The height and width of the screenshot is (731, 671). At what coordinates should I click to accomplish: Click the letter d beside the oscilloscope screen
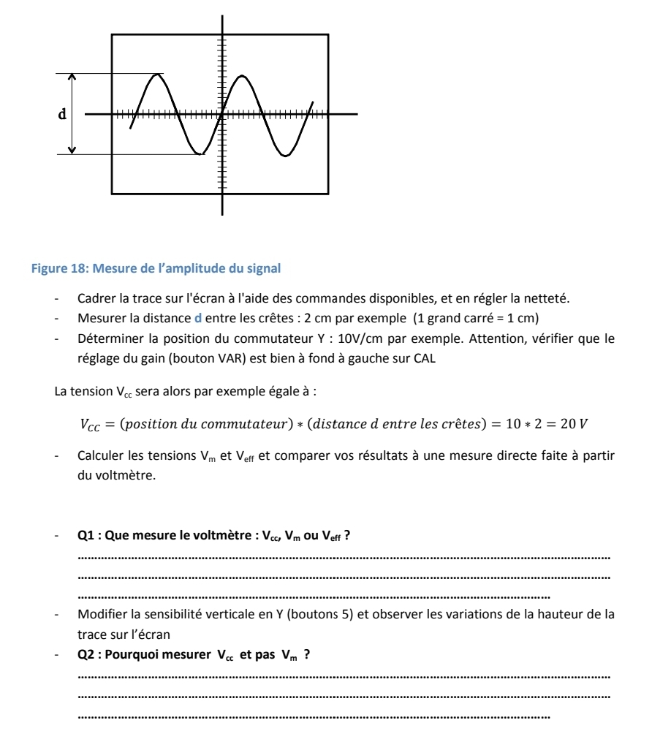(x=64, y=115)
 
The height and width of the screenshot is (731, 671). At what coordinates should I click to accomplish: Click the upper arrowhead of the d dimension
(x=72, y=77)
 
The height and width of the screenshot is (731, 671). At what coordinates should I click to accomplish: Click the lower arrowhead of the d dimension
(x=72, y=150)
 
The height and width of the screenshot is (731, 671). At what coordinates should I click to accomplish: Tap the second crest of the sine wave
(x=239, y=75)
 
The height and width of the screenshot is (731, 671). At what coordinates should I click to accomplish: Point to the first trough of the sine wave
(x=199, y=154)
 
